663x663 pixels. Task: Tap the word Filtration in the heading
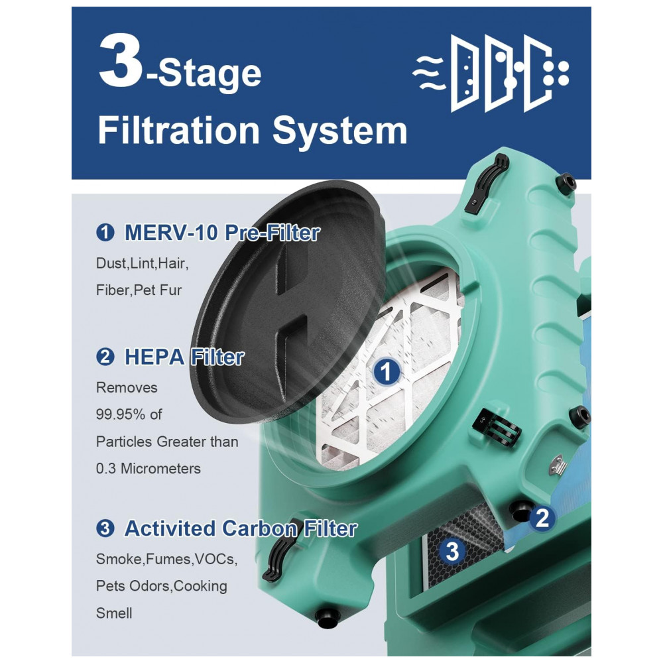click(x=178, y=130)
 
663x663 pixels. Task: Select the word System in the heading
click(x=339, y=131)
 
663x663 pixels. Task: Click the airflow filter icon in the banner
click(x=491, y=73)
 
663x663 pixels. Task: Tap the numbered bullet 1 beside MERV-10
click(x=105, y=233)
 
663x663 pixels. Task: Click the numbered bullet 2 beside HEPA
click(x=105, y=357)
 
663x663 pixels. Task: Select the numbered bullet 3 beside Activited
click(x=105, y=528)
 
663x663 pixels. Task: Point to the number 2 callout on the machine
click(x=542, y=518)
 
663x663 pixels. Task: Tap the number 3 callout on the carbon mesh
click(x=452, y=551)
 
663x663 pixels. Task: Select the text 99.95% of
click(x=129, y=414)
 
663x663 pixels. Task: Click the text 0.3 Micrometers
click(x=149, y=469)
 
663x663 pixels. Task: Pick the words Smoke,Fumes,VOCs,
click(x=166, y=560)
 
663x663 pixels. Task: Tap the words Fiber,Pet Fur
click(x=139, y=290)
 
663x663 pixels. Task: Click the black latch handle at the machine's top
click(x=486, y=183)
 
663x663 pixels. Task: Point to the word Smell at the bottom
click(x=114, y=613)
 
